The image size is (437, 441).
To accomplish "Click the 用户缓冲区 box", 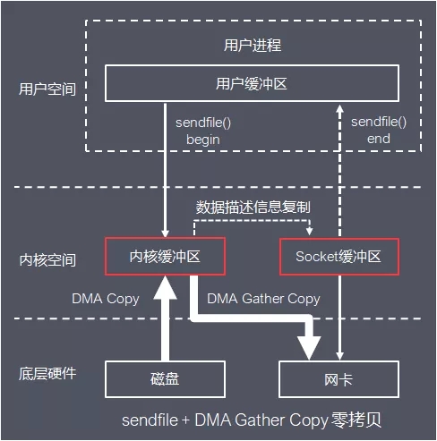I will coord(252,84).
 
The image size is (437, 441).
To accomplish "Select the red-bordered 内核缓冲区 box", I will coord(163,256).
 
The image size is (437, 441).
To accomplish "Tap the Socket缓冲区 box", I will coord(338,256).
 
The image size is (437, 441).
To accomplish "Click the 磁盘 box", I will coord(163,379).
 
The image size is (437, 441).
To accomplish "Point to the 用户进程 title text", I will coord(252,44).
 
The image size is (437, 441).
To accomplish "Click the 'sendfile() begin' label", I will coord(202,130).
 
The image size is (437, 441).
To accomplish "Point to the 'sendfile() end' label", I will coord(378,130).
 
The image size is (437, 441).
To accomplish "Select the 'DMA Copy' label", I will coord(106,298).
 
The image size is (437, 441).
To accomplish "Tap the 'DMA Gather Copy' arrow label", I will coord(263,298).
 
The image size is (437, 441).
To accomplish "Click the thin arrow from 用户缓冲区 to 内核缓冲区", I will coord(163,170).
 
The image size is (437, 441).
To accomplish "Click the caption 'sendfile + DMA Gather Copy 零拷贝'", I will coord(252,420).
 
